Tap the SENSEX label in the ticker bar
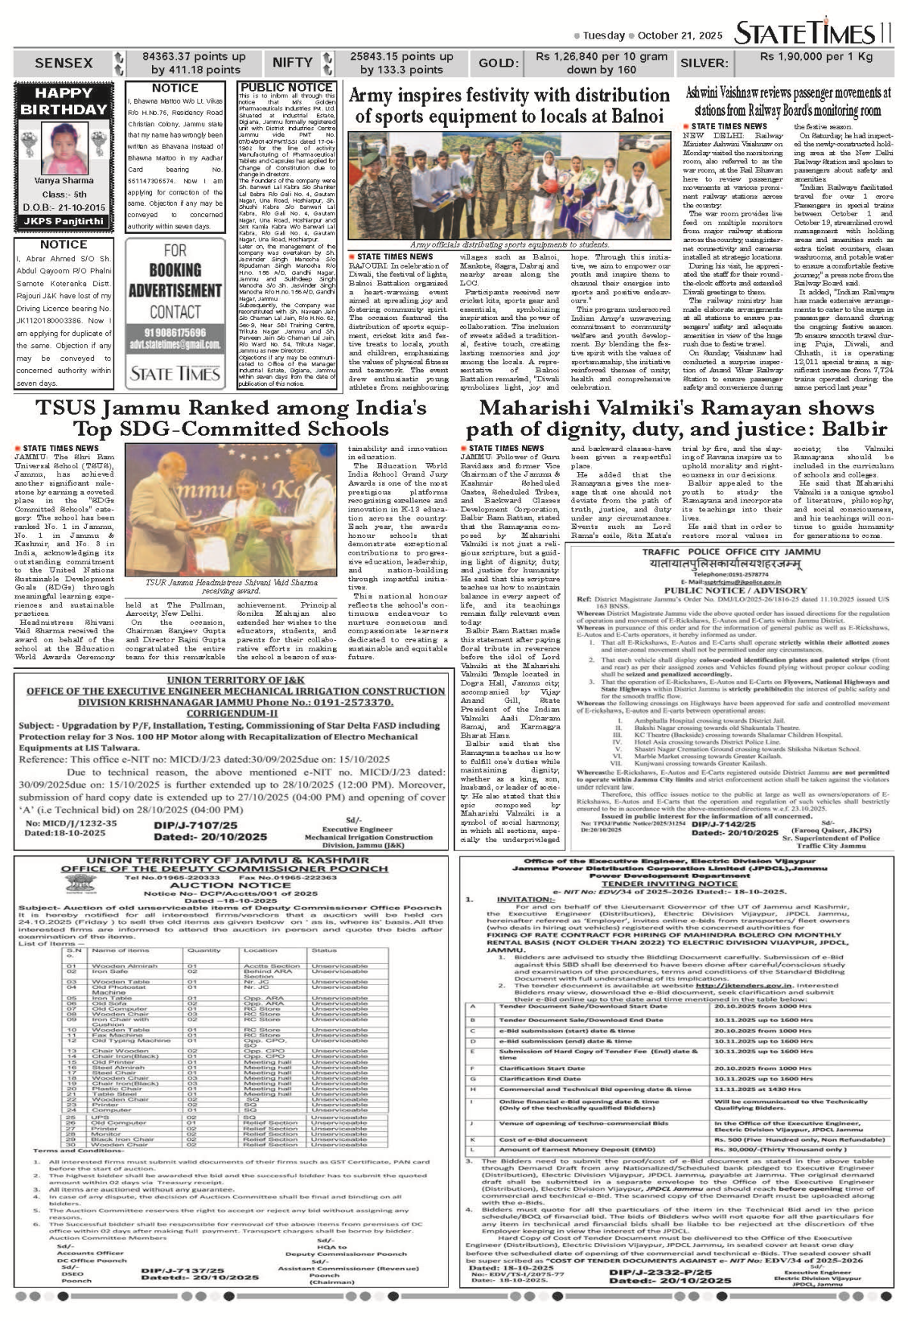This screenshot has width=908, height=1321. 64,63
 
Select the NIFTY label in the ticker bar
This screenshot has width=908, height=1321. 292,63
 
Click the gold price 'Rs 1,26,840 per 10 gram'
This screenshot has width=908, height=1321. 602,57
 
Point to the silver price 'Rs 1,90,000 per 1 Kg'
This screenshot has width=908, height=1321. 816,57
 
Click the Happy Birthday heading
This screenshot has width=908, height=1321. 64,101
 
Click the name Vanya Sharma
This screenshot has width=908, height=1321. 64,181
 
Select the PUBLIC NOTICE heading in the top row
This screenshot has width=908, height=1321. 287,88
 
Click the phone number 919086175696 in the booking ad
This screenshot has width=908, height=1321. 175,333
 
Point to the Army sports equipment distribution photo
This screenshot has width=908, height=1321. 509,185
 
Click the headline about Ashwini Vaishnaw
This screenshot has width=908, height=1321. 788,102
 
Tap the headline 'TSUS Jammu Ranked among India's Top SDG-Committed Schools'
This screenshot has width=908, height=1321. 231,418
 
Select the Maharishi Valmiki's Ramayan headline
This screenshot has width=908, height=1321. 676,418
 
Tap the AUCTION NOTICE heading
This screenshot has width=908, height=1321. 230,884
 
